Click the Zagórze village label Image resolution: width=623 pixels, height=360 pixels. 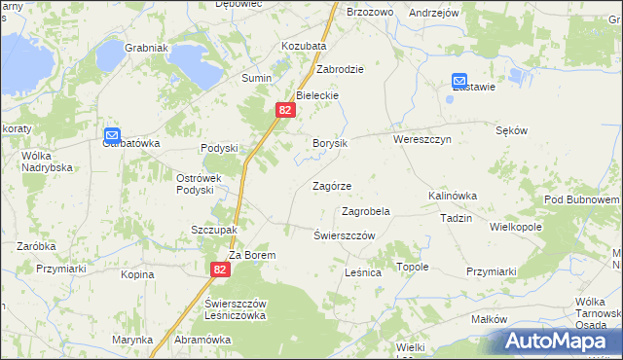click(331, 186)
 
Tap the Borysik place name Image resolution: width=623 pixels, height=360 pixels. click(330, 143)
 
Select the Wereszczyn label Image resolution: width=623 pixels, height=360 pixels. click(422, 139)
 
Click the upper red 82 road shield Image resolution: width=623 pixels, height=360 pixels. click(283, 111)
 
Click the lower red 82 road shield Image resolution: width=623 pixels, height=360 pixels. click(220, 270)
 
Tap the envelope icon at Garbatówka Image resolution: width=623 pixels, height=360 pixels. click(112, 135)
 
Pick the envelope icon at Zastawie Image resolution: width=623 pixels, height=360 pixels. click(459, 82)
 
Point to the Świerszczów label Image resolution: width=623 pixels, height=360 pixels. click(345, 236)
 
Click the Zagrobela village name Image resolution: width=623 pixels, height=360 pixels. click(366, 211)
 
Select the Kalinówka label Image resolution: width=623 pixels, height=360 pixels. click(453, 196)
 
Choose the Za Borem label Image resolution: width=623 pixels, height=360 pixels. click(253, 255)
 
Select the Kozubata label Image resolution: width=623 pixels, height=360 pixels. click(304, 46)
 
